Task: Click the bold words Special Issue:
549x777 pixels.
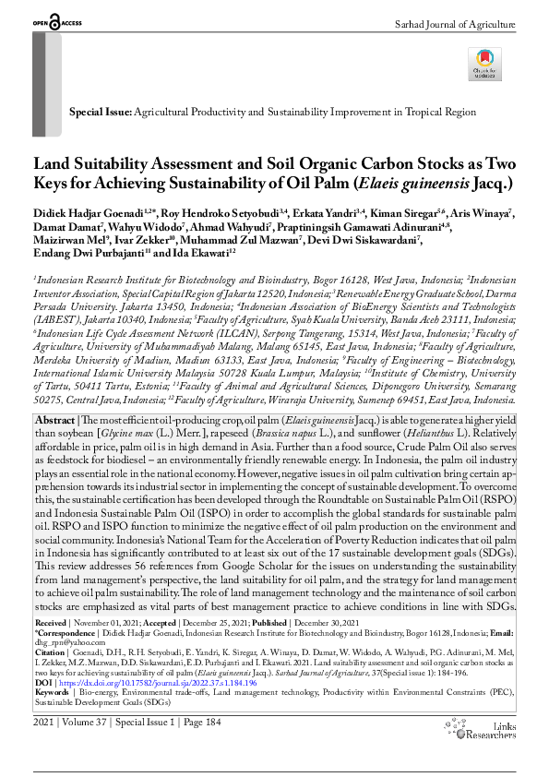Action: [101, 111]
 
